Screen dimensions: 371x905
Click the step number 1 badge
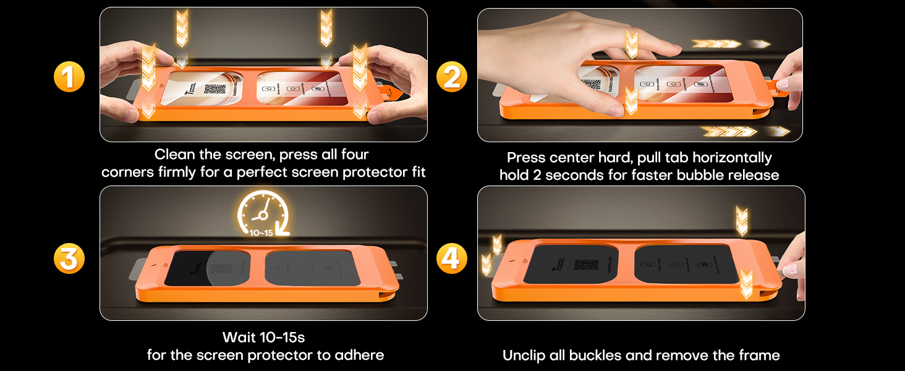coord(69,77)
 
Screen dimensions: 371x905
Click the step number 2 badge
coord(452,77)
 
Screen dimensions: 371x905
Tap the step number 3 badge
coord(69,258)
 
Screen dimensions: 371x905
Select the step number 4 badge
coord(452,258)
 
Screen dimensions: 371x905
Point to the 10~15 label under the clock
coord(262,233)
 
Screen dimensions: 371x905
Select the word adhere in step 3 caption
coord(361,355)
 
